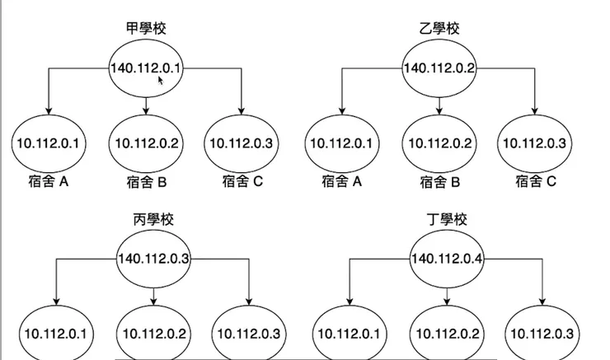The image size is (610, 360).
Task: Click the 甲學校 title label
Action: point(145,28)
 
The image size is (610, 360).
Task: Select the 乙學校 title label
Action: point(439,28)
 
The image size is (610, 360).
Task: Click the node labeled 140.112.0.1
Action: point(145,68)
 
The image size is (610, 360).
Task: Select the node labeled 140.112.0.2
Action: point(439,68)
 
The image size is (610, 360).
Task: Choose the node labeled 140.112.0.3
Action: point(153,259)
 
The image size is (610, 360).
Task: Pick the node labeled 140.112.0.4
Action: point(447,259)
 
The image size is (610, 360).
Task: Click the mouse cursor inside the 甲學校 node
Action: point(162,81)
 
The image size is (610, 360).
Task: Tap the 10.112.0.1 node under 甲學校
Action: point(48,143)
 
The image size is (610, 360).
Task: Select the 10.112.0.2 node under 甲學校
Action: point(146,143)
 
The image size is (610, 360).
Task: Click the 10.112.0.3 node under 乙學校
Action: point(533,143)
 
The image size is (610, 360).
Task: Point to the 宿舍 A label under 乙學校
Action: point(341,181)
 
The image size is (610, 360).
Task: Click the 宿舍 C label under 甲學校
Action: point(242,181)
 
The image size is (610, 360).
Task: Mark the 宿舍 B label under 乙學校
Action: point(439,181)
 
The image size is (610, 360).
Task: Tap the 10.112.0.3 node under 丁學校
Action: point(542,334)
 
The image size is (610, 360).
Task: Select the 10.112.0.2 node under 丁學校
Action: point(447,334)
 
